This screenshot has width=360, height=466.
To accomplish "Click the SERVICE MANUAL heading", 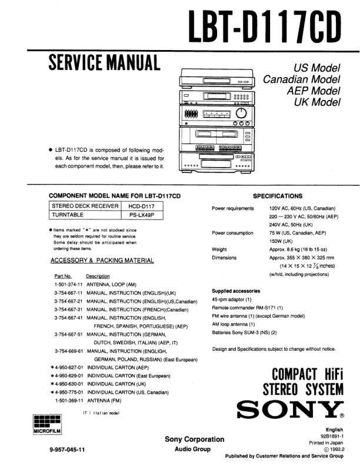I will (x=104, y=62).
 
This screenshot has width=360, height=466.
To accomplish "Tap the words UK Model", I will (x=317, y=102).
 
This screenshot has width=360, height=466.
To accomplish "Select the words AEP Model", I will (x=314, y=91).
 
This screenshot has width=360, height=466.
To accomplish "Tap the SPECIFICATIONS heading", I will (x=278, y=196).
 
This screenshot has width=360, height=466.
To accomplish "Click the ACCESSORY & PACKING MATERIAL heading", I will (x=102, y=260).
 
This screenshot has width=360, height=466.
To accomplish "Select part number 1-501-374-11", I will (x=68, y=284).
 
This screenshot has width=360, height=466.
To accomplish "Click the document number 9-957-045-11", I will (x=70, y=450).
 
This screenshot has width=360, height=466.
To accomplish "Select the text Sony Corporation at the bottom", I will (x=194, y=439).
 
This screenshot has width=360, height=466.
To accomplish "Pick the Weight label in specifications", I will (x=219, y=249).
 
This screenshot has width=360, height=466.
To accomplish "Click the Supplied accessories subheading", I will (x=235, y=291).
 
